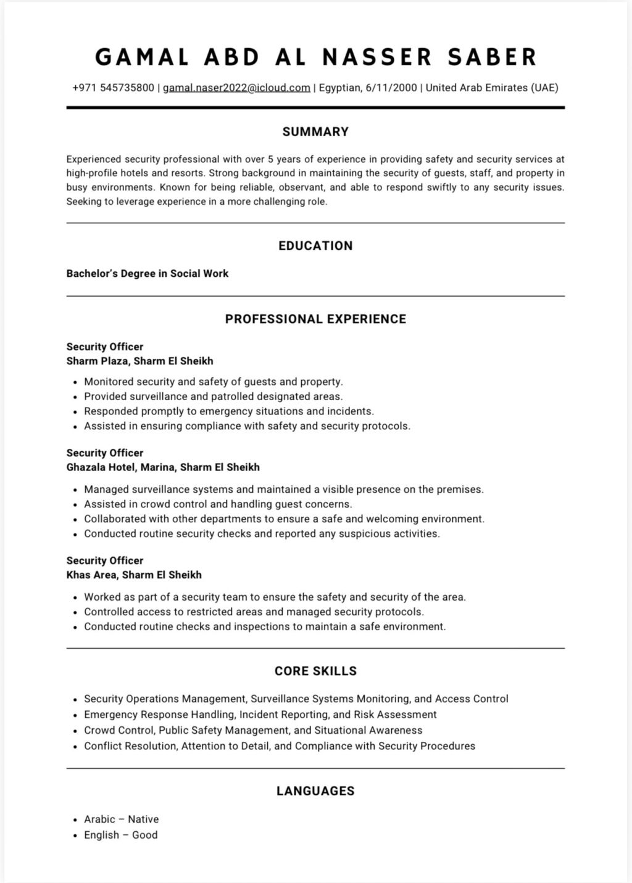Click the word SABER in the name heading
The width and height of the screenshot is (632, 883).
493,57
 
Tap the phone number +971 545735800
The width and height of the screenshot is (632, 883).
114,88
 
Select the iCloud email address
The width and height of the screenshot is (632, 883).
236,88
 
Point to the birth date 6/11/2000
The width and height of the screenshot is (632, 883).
391,88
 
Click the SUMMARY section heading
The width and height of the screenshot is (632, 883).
315,131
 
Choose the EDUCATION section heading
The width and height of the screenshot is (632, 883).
315,245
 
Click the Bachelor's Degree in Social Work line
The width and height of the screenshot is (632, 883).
148,273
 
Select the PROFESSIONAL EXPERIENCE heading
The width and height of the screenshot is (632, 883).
315,319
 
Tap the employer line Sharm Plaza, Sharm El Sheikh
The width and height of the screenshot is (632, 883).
140,361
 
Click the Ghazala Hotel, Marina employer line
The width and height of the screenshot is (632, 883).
163,467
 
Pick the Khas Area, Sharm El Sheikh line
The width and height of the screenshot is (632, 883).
134,575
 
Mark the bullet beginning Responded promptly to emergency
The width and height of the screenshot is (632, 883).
229,411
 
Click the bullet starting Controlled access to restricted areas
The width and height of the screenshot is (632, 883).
254,612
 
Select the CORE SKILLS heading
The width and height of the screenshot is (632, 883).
315,671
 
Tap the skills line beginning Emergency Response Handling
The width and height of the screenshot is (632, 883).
260,715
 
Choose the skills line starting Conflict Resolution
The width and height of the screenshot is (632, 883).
280,746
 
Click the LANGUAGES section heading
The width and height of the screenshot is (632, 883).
315,791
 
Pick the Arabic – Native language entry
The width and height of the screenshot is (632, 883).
121,819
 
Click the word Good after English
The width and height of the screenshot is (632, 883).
145,835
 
